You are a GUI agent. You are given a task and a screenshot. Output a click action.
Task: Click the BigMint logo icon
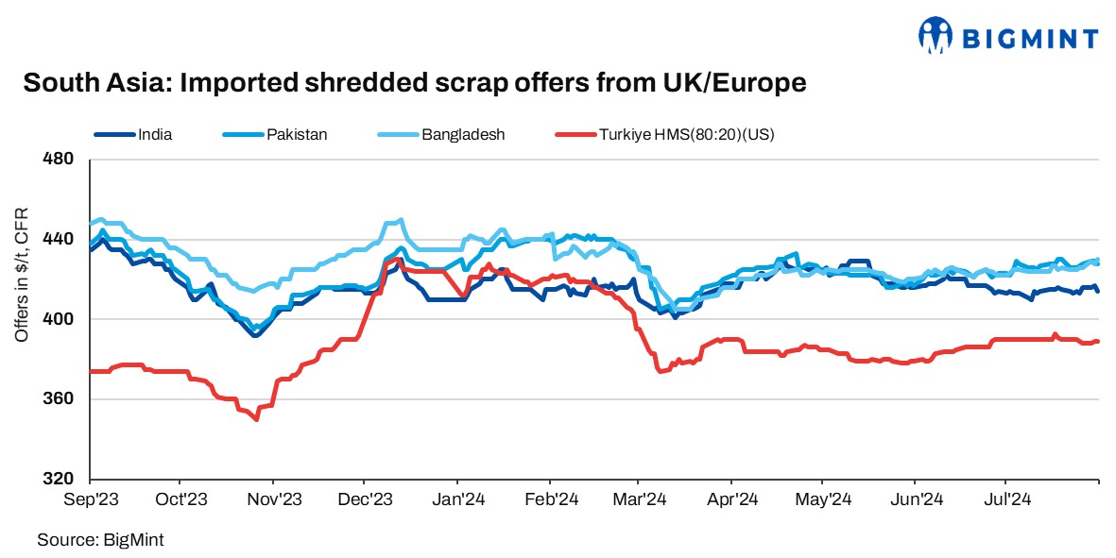(936, 35)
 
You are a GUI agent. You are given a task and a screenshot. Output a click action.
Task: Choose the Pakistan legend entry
(296, 134)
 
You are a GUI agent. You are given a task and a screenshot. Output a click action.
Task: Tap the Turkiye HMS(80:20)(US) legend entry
(686, 134)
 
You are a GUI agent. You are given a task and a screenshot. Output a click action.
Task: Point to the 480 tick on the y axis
(59, 159)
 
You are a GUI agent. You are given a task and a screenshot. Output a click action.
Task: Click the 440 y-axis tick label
(59, 239)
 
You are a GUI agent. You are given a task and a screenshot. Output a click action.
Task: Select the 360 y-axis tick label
(59, 399)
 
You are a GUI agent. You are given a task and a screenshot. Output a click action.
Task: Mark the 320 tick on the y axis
(59, 479)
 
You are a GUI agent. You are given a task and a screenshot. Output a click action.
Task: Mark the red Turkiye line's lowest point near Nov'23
(256, 419)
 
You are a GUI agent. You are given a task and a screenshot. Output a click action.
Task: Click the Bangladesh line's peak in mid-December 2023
(402, 220)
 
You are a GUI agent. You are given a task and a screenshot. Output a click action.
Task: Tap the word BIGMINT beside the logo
(1029, 39)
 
